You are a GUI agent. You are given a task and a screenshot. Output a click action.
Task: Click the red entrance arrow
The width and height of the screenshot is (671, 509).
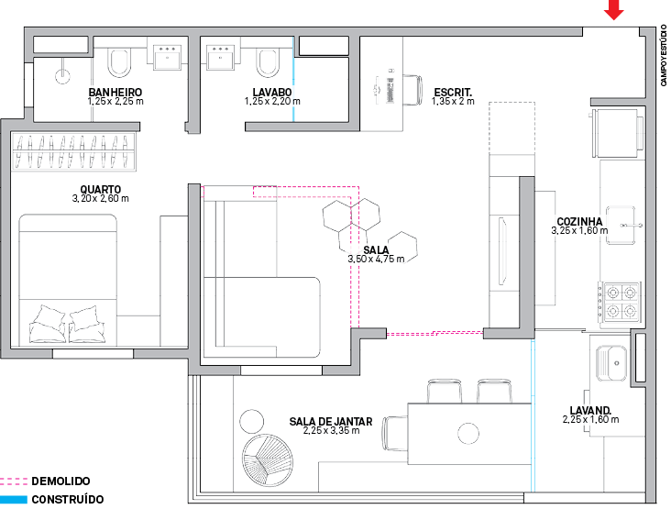[x=614, y=10]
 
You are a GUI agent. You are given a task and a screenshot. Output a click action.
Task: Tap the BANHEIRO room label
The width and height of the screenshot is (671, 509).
[x=115, y=93]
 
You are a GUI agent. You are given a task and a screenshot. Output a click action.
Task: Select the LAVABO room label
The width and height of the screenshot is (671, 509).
[x=271, y=93]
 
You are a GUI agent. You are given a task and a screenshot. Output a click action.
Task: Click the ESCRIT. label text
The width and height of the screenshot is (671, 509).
[x=452, y=92]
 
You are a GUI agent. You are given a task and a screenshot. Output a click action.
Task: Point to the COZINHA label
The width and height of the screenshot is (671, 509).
[x=579, y=222]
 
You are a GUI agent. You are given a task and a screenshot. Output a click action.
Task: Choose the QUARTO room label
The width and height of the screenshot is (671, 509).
[x=99, y=190]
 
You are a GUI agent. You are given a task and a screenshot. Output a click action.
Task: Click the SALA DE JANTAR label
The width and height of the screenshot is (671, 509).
[x=331, y=422]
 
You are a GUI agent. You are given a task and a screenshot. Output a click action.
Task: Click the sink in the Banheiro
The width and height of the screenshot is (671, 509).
[x=169, y=58]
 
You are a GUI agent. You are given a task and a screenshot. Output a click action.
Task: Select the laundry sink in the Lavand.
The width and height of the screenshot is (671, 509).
[x=610, y=360]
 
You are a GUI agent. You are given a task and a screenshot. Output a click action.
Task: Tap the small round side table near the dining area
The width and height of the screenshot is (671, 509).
[x=250, y=422]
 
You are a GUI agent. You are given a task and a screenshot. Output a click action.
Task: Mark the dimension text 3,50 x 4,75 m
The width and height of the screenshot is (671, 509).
[x=376, y=260]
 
